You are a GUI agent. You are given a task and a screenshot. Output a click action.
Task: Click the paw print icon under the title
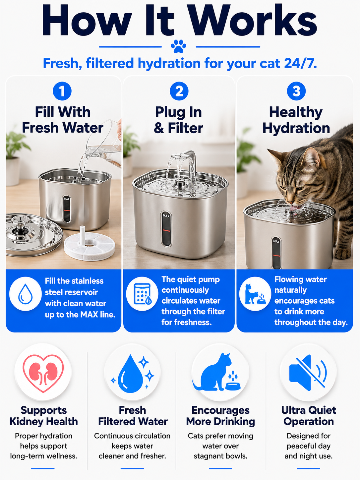pyautogui.click(x=178, y=46)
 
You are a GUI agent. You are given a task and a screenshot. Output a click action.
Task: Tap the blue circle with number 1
pyautogui.click(x=62, y=91)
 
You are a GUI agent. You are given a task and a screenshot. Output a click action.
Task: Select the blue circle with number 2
pyautogui.click(x=179, y=91)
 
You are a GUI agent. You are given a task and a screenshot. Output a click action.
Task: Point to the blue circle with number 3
pyautogui.click(x=296, y=91)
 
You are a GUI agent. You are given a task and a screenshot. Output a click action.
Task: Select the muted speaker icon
pyautogui.click(x=308, y=373)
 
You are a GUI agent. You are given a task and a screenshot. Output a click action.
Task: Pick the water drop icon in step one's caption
pyautogui.click(x=25, y=294)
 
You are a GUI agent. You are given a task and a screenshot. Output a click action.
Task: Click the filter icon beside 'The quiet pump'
pyautogui.click(x=143, y=294)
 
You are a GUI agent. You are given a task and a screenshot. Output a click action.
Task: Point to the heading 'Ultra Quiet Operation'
pyautogui.click(x=308, y=416)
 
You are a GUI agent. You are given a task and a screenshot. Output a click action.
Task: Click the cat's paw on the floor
pyautogui.click(x=343, y=254)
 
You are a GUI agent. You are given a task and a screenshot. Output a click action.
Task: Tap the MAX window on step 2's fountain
pyautogui.click(x=166, y=228)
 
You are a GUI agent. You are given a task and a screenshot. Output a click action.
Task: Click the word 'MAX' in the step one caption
pyautogui.click(x=89, y=315)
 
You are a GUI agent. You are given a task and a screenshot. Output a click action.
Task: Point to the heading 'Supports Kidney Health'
pyautogui.click(x=43, y=416)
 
